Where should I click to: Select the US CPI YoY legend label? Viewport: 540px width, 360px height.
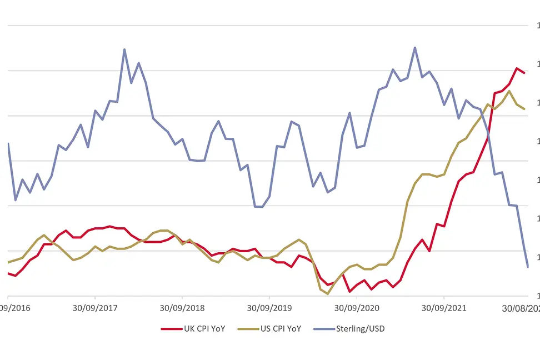coord(281,328)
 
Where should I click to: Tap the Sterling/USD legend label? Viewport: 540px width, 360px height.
coord(360,328)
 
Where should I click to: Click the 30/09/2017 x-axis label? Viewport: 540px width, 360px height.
coord(95,307)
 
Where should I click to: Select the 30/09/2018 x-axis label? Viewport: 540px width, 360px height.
coord(182,307)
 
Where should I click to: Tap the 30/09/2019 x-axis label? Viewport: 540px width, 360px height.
coord(269,307)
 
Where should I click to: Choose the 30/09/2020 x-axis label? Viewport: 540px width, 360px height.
coord(356,307)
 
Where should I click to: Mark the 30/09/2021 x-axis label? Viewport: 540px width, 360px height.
coord(443,307)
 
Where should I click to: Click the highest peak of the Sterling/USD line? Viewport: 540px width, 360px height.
coord(414,48)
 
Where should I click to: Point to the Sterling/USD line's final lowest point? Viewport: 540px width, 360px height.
coord(527,267)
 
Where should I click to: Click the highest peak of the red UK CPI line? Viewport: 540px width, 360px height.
coord(517,68)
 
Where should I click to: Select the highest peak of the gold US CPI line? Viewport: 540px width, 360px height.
coord(509,91)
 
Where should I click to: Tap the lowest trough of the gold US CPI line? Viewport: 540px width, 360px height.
coord(328,294)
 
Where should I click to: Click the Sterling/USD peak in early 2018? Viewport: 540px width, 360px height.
coord(124,49)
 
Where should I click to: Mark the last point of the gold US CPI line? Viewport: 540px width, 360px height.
coord(524,109)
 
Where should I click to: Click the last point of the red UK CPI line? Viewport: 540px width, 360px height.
coord(524,73)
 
